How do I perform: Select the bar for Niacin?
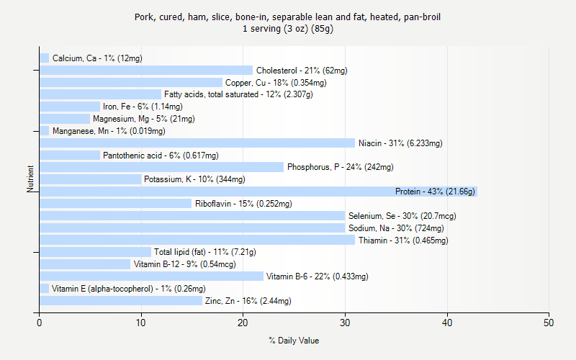197,143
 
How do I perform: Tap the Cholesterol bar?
146,71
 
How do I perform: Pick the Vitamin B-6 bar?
151,276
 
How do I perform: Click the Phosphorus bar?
161,167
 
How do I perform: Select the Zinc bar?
121,301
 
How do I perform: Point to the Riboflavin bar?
115,204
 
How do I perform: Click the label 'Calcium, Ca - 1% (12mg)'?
97,58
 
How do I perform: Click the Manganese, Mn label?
109,131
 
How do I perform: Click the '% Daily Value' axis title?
294,341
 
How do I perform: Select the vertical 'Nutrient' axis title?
31,179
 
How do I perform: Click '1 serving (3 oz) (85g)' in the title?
288,29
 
